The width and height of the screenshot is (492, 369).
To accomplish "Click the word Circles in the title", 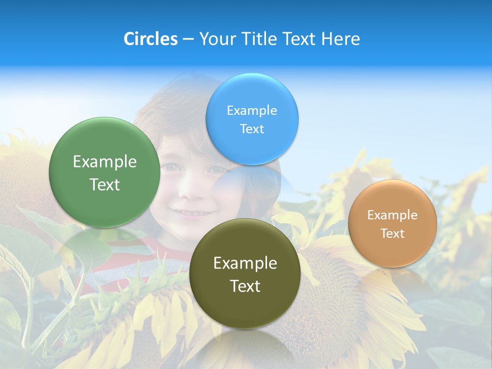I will (x=150, y=39).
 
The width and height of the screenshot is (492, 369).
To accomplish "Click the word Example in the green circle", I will (x=105, y=162).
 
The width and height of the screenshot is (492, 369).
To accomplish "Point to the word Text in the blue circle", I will (x=252, y=129).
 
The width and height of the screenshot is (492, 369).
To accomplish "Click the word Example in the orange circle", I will (x=393, y=215).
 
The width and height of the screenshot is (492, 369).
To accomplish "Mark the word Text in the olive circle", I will (x=245, y=286).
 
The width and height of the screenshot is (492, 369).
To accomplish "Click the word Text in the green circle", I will (x=105, y=184).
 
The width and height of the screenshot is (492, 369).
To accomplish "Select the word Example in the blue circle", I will (x=252, y=111).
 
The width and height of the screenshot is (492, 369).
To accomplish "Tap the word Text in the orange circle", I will (x=393, y=234).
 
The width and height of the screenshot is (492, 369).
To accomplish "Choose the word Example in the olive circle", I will (x=245, y=263).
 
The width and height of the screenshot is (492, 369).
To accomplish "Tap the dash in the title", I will (x=188, y=39).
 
